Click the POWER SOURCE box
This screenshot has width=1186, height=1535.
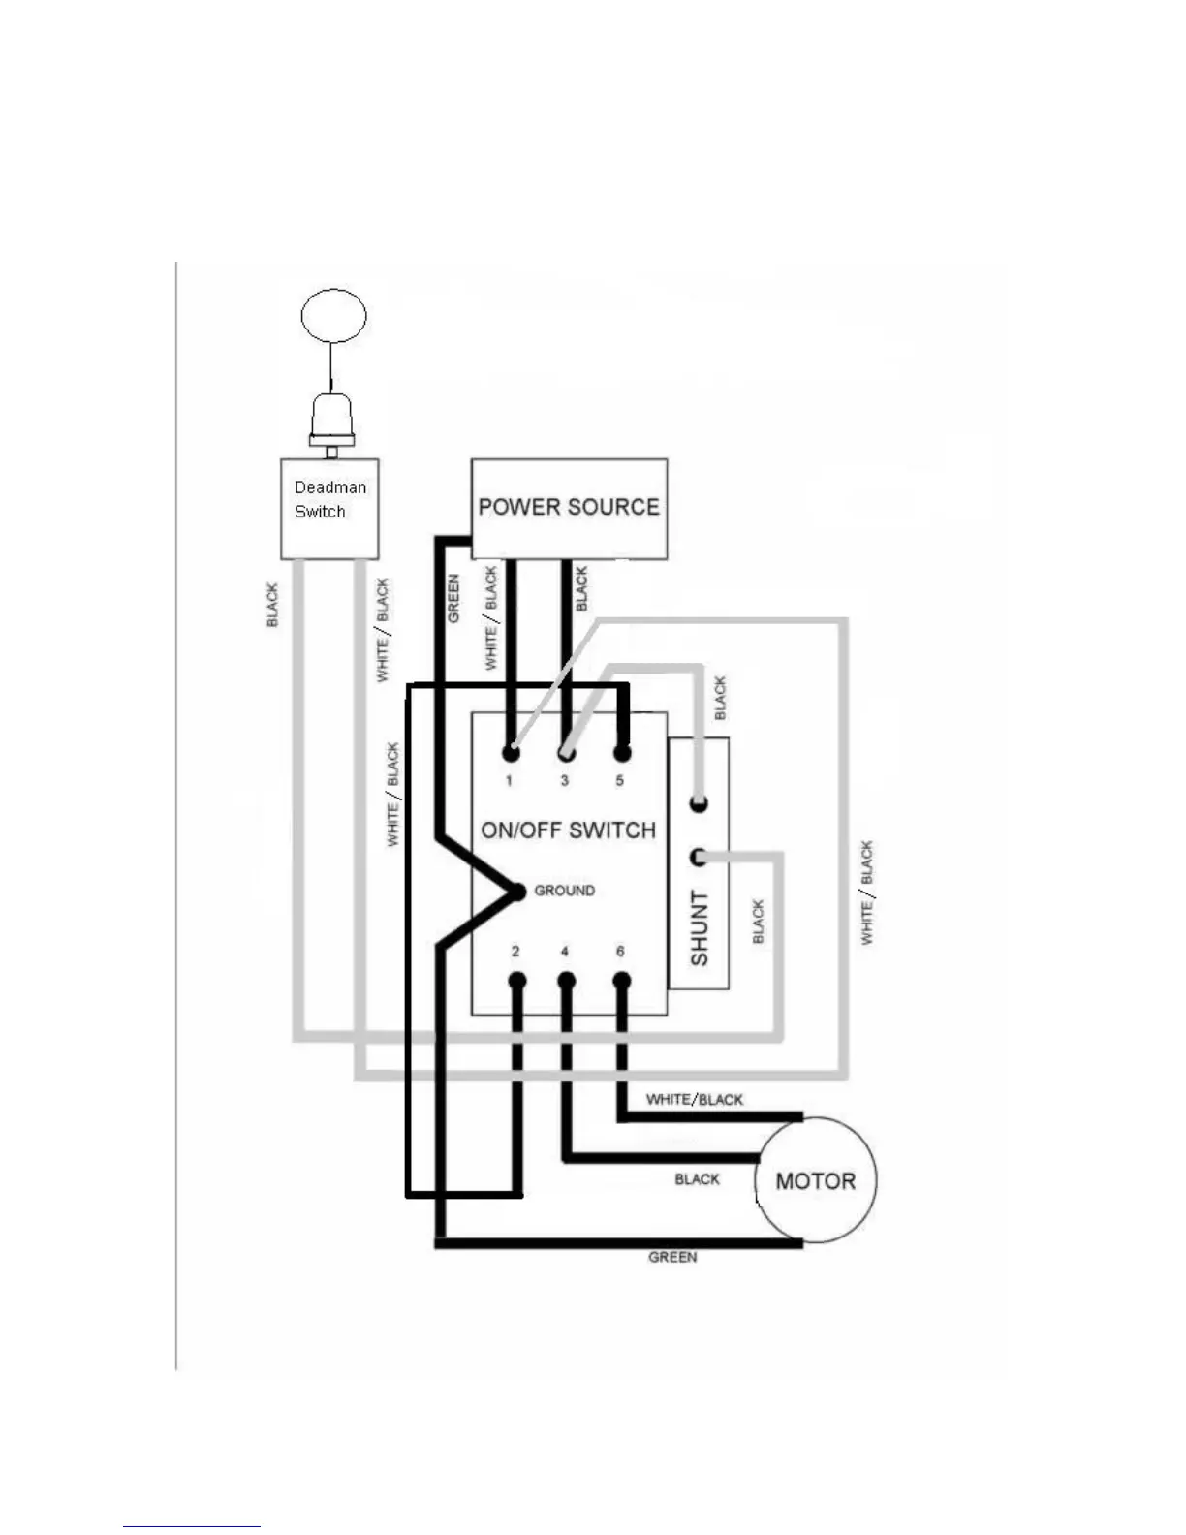coord(569,509)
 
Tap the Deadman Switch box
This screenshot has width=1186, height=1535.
coord(329,509)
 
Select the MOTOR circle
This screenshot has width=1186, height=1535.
coord(816,1180)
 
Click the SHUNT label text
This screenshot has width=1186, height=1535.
coord(700,928)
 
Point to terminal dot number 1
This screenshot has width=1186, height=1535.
coord(512,752)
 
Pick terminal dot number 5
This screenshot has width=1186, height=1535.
coord(622,752)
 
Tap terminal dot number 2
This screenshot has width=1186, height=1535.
coord(516,981)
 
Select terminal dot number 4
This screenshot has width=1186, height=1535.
coord(567,981)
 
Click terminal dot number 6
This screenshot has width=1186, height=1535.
coord(622,981)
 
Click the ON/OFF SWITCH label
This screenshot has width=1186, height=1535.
coord(568,830)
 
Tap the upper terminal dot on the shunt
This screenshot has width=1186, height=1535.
coord(699,803)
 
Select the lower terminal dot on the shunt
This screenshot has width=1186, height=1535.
coord(699,858)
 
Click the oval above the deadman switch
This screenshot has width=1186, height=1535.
coord(333,316)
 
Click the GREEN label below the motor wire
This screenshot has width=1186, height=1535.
coord(672,1257)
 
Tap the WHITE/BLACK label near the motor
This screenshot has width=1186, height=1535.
coord(694,1100)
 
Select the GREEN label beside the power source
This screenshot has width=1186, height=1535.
coord(453,599)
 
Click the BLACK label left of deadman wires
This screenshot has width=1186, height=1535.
coord(272,605)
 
